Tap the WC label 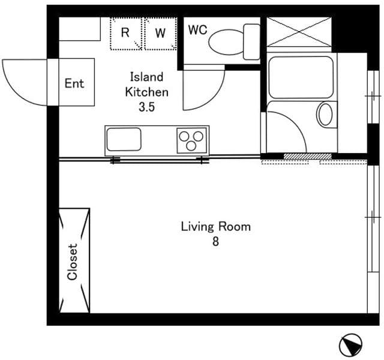click(x=197, y=30)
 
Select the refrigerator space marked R click(x=125, y=33)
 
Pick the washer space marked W click(x=160, y=33)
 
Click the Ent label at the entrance click(x=74, y=83)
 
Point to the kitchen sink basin click(x=124, y=140)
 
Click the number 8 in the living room click(x=215, y=242)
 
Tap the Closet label click(x=73, y=262)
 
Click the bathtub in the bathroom click(x=301, y=77)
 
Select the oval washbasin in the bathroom click(x=325, y=114)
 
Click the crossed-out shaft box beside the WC click(x=299, y=32)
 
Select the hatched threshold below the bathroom click(x=307, y=157)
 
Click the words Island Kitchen click(x=146, y=85)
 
